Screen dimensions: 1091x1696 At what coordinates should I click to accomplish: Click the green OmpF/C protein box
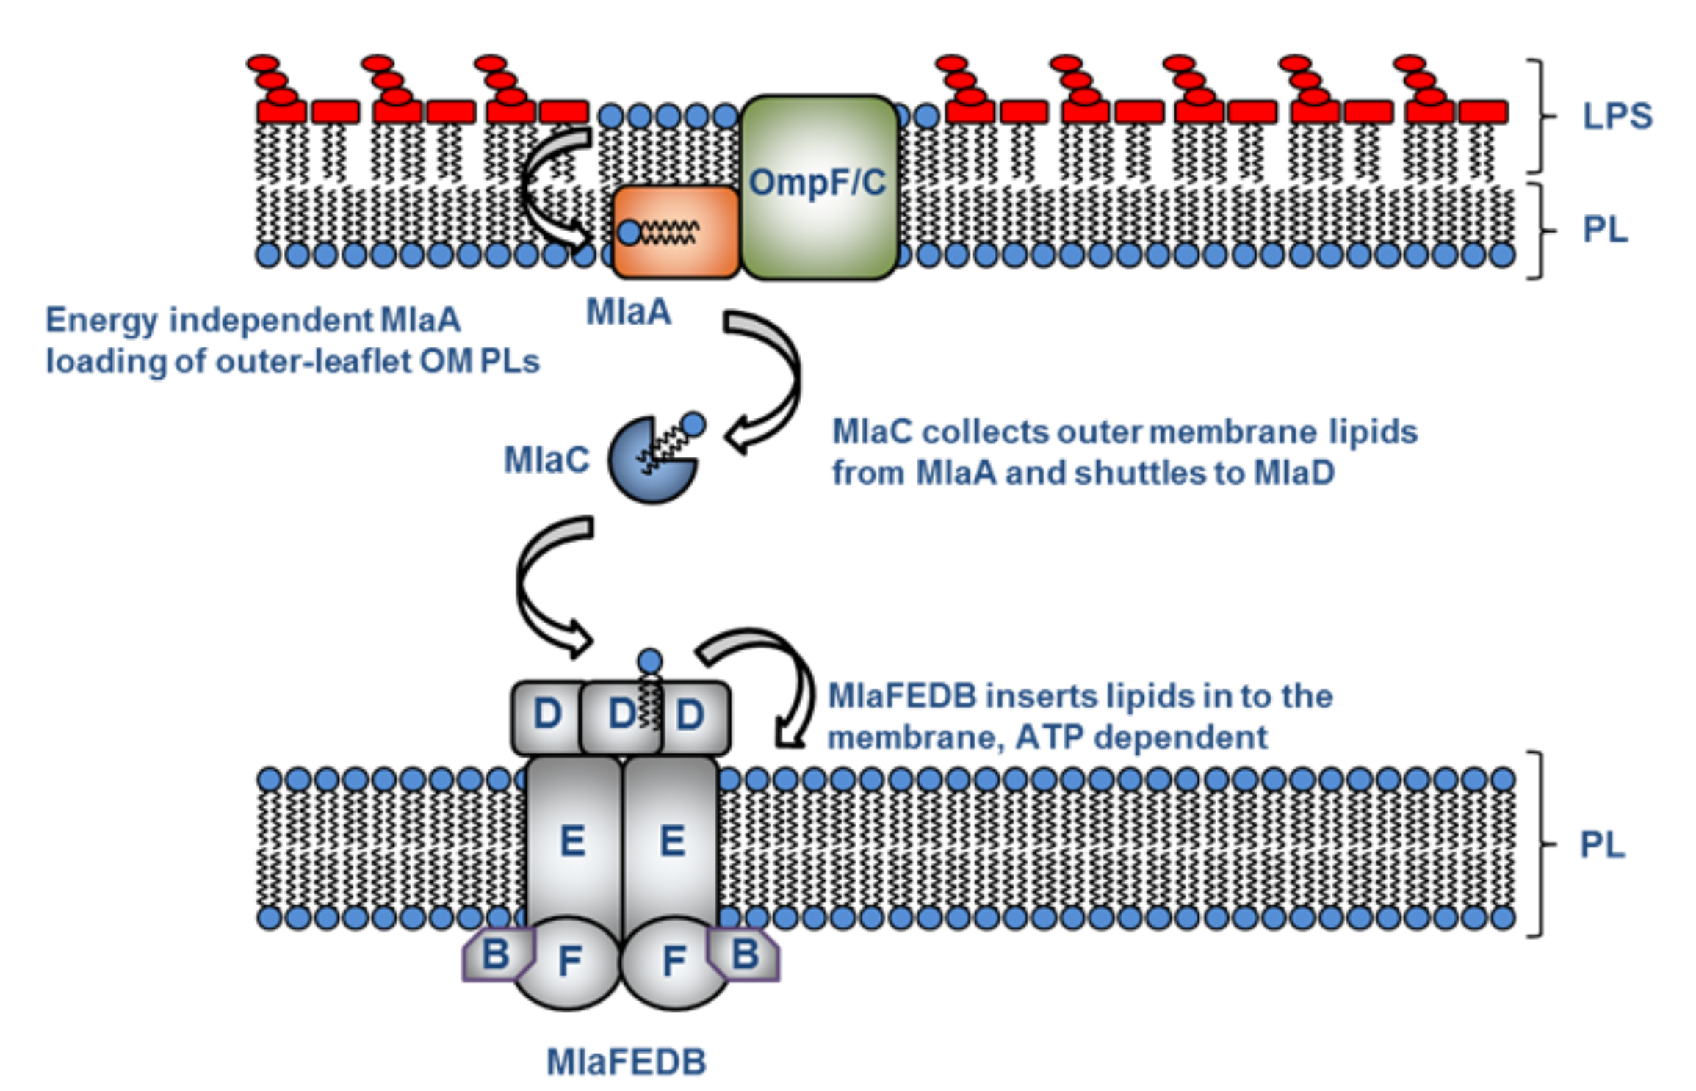(818, 187)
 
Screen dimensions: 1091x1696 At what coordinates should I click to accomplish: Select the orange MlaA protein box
(676, 232)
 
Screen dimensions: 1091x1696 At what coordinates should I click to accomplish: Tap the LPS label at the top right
(1617, 116)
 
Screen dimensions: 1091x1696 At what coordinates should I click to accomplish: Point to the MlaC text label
(546, 460)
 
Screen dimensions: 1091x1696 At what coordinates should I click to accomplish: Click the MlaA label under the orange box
(629, 312)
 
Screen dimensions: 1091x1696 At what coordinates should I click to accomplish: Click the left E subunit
(573, 841)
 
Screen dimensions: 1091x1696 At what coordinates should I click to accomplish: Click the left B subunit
(495, 954)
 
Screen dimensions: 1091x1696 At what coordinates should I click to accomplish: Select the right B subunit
(745, 954)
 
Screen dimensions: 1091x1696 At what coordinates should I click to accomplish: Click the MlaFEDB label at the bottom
(627, 1062)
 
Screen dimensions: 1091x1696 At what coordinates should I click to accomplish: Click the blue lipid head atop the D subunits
(649, 661)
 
